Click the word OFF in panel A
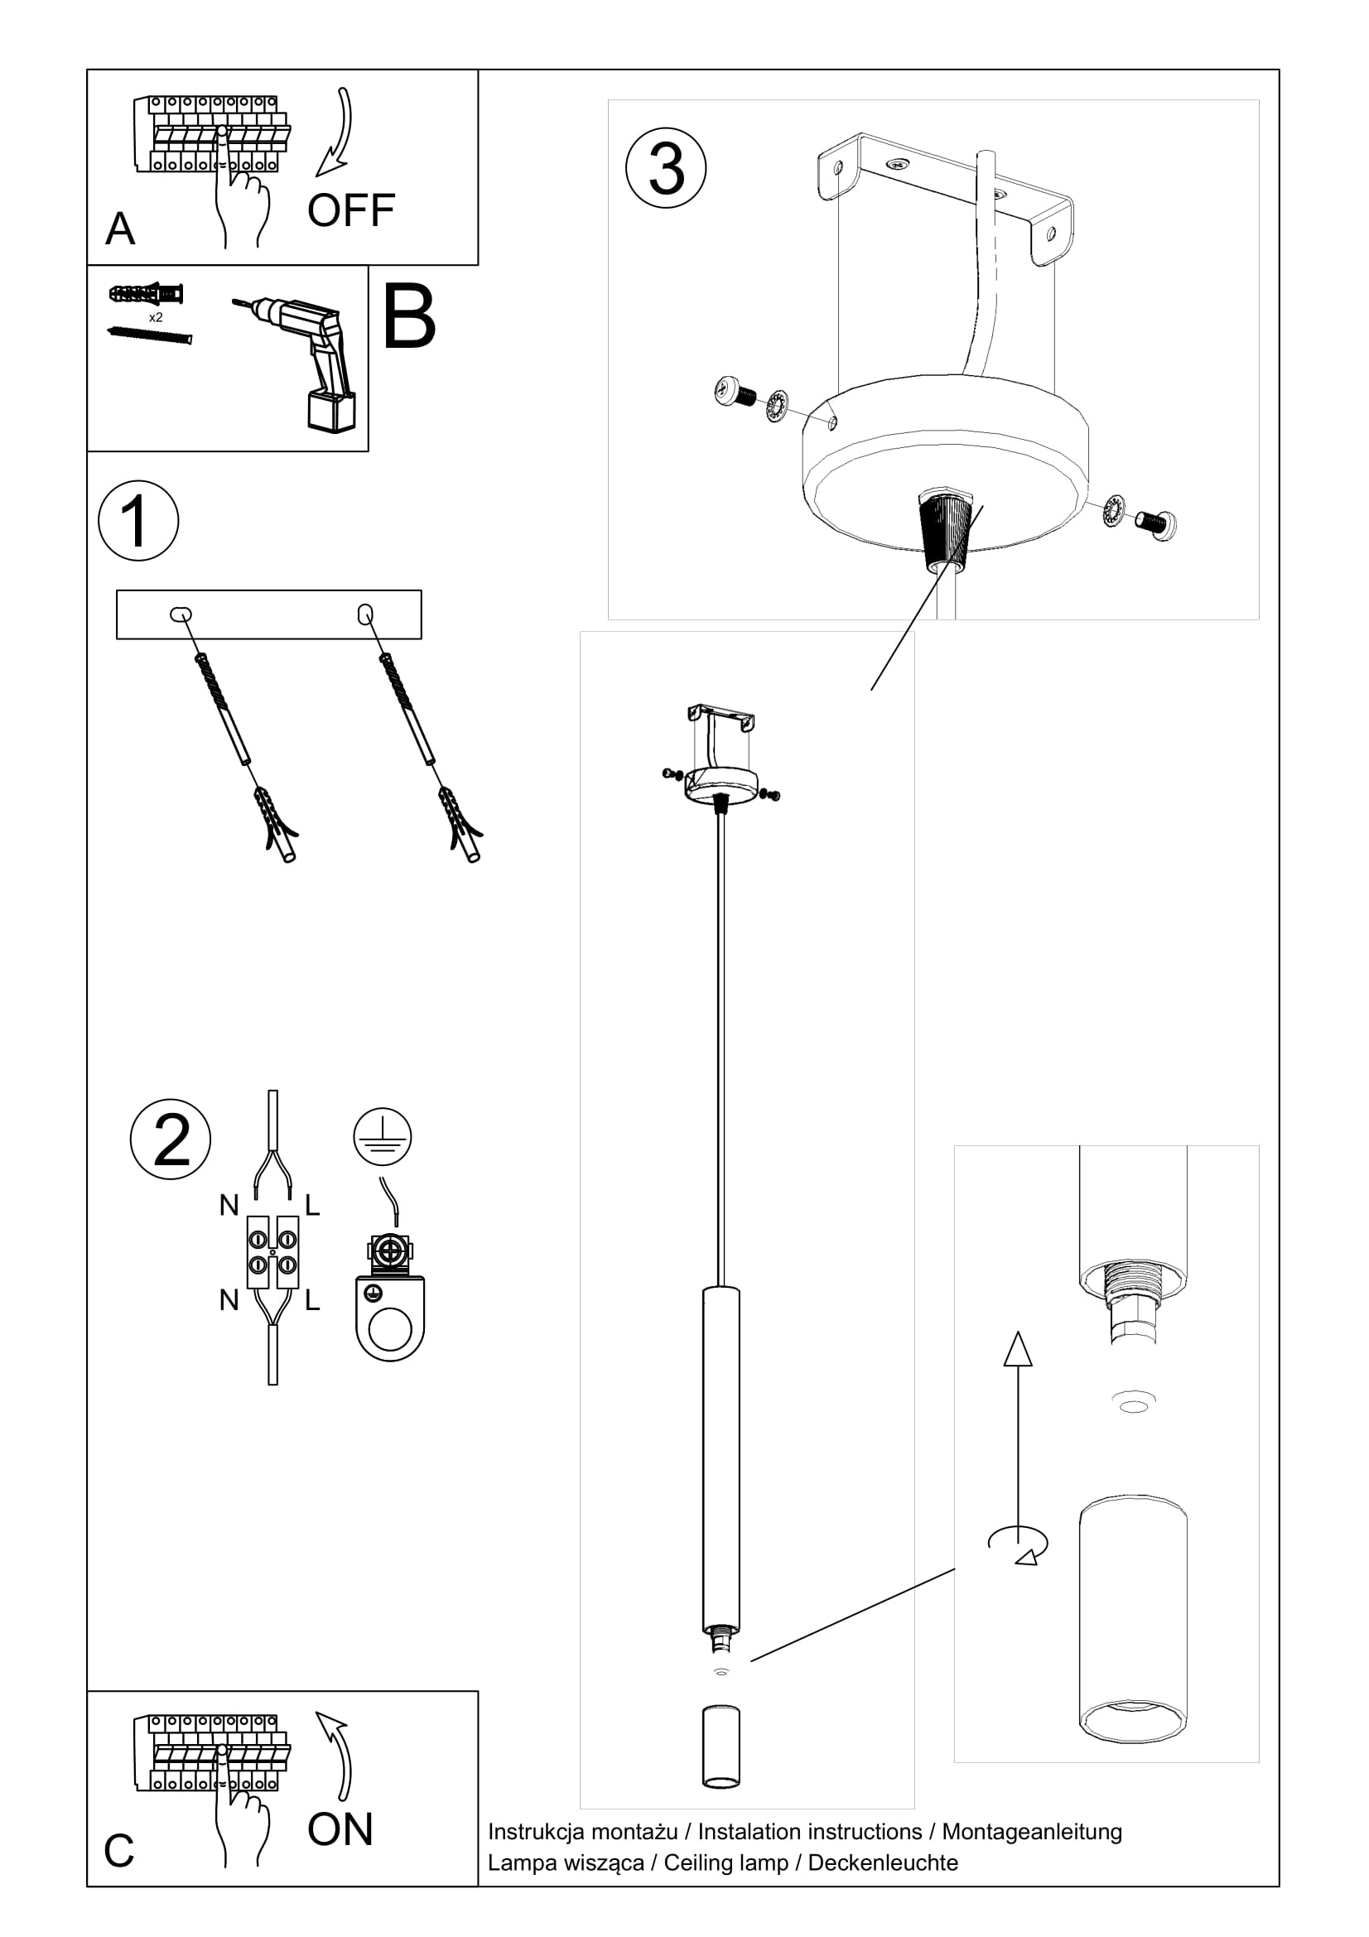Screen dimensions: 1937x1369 [351, 210]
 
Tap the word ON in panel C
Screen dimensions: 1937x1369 [340, 1829]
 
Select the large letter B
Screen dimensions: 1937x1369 [409, 317]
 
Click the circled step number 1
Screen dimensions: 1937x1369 [138, 521]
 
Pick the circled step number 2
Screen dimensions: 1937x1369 [171, 1139]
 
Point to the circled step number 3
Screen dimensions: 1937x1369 [666, 168]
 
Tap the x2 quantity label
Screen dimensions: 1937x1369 [156, 317]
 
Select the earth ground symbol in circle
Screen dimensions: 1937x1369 [382, 1136]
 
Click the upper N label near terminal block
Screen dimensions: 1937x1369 [229, 1206]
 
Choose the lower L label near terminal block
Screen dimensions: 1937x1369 [312, 1300]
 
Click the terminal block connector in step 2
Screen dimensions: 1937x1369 [272, 1252]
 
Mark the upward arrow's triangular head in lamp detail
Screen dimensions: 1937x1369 [1018, 1349]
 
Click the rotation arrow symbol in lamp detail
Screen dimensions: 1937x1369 [1019, 1543]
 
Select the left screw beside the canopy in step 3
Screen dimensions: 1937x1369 [734, 393]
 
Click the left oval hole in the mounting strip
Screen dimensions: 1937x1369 [181, 614]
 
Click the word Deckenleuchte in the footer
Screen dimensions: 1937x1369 [882, 1862]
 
